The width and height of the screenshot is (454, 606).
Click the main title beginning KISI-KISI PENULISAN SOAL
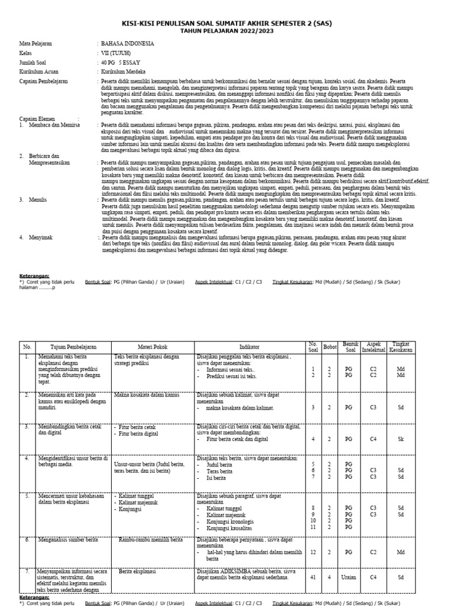(x=227, y=22)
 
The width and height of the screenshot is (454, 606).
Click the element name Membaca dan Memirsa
(x=53, y=125)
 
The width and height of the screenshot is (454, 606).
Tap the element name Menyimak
(x=41, y=237)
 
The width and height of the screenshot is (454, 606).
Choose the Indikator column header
(x=249, y=347)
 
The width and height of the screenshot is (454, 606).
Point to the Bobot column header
(x=329, y=347)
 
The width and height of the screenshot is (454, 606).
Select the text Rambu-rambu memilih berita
(x=151, y=540)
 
